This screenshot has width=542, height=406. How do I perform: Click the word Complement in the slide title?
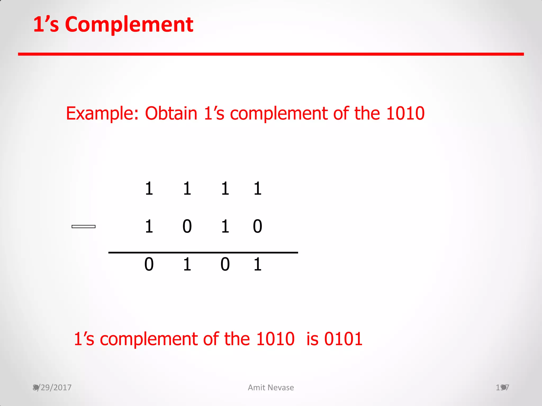point(129,25)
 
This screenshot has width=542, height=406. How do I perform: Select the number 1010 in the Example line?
point(405,113)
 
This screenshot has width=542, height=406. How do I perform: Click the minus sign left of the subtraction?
point(84,227)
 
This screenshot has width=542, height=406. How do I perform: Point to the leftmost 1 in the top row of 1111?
point(149,189)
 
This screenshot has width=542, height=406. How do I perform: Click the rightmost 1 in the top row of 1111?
point(258,189)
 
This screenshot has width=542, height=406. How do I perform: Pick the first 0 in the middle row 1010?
point(187,227)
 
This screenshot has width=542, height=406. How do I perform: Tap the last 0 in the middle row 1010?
point(258,227)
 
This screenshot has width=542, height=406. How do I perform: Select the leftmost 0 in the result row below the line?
point(149,264)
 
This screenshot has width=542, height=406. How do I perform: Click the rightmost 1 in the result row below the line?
point(258,264)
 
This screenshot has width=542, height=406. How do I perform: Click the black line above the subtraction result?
point(203,253)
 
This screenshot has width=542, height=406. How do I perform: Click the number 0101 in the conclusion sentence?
point(343,339)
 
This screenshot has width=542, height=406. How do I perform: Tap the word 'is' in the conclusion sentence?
point(312,339)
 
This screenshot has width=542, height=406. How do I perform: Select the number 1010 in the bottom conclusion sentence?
point(275,339)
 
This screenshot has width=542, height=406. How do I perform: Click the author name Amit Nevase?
point(271,387)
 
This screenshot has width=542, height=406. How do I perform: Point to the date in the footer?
point(52,387)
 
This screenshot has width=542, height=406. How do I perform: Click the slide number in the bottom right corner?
point(502,387)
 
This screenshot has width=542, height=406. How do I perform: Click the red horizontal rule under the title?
point(271,54)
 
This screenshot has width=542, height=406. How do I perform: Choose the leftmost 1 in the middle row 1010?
point(149,227)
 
